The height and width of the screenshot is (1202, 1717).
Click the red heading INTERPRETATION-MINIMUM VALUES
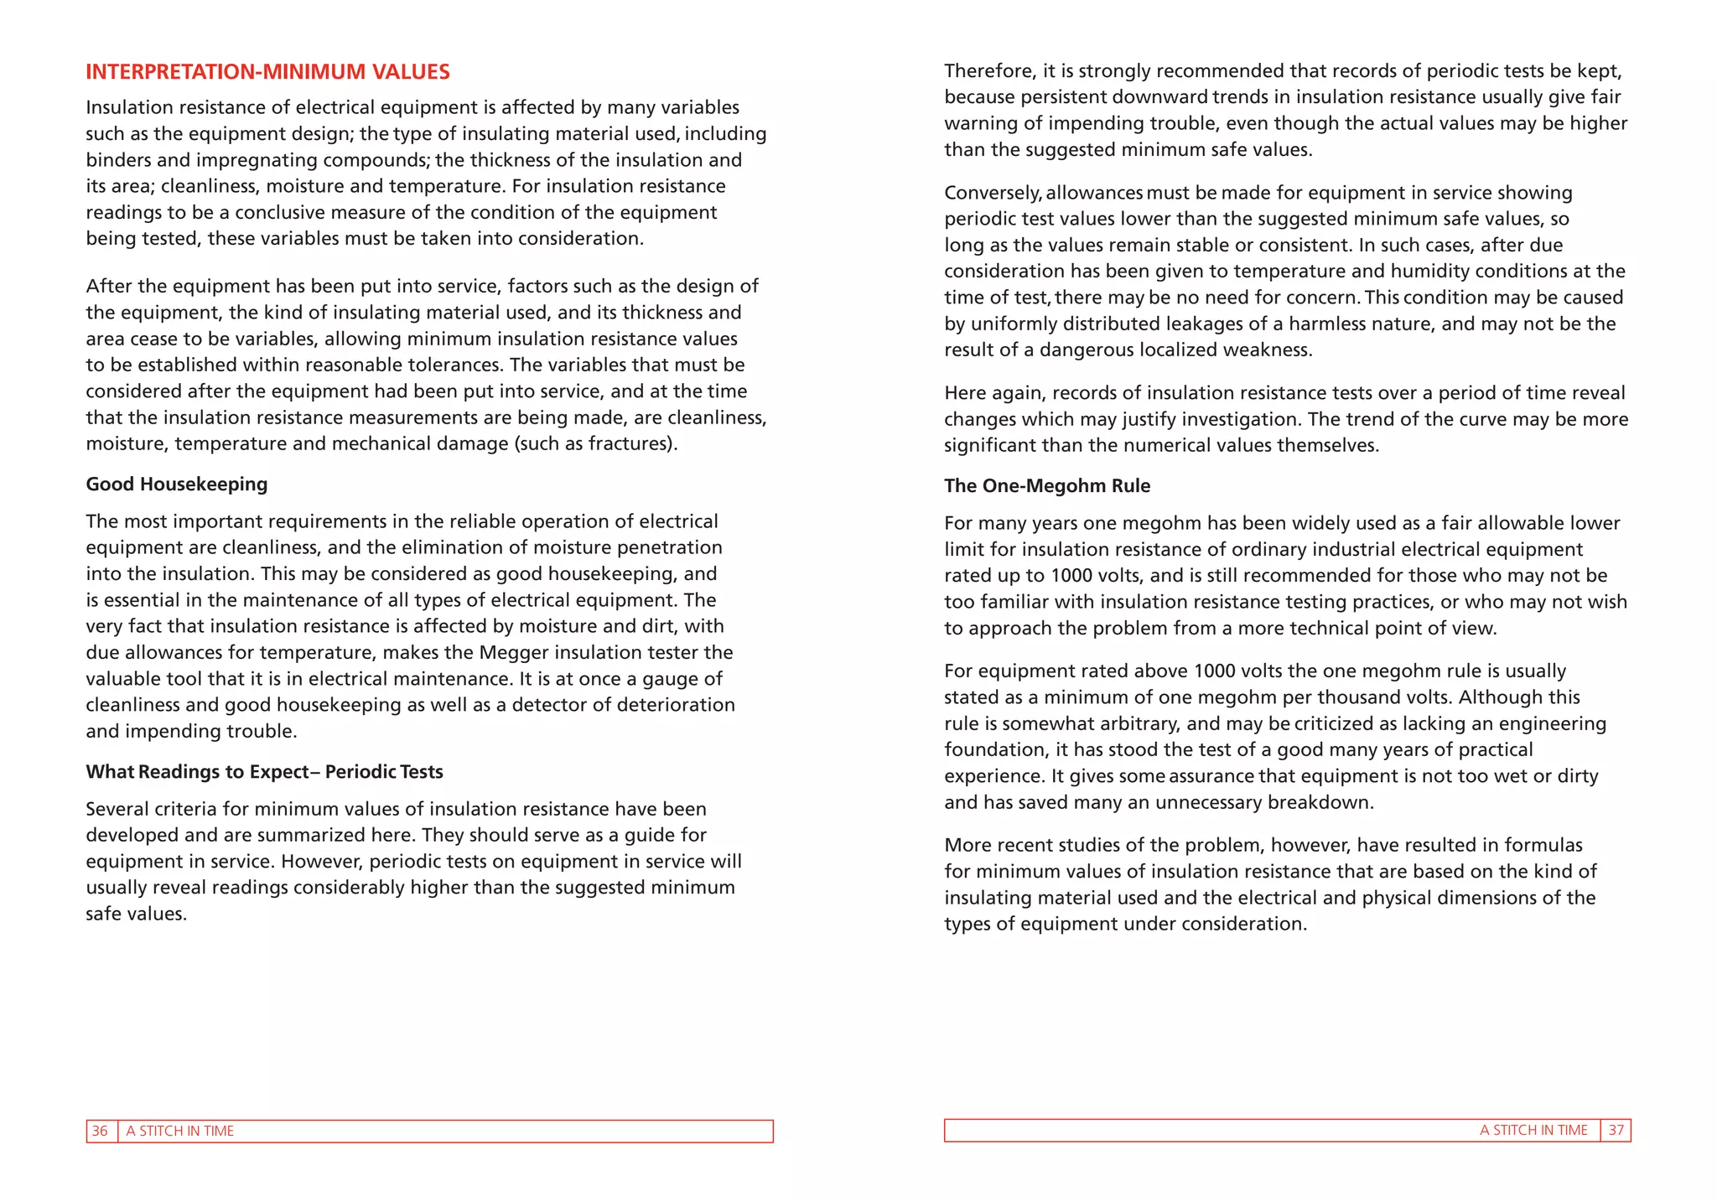[x=267, y=72]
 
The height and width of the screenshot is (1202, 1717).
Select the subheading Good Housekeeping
[x=176, y=484]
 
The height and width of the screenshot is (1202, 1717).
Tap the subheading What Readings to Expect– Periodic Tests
[x=264, y=772]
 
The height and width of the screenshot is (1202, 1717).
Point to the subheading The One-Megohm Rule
[x=1046, y=486]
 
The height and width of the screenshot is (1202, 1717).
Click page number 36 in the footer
[x=100, y=1131]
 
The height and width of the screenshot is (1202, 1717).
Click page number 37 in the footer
[x=1616, y=1130]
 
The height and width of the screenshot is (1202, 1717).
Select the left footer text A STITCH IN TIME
[x=179, y=1131]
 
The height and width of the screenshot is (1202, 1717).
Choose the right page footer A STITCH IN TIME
[x=1533, y=1130]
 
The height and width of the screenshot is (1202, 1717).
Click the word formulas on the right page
[x=1543, y=845]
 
